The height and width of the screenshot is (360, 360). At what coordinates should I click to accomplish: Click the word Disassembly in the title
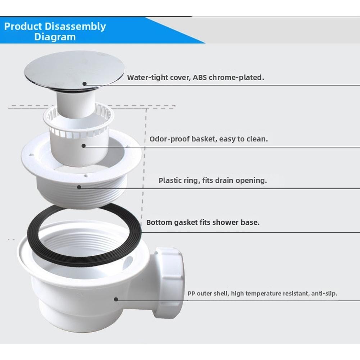click(x=75, y=26)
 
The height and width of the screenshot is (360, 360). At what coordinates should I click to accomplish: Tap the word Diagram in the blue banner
click(x=55, y=37)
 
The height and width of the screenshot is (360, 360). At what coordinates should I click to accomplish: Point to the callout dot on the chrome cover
click(x=85, y=84)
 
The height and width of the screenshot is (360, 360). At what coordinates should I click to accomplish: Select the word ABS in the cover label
click(x=200, y=77)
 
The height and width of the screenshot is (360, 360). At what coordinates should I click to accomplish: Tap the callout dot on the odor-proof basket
click(x=83, y=146)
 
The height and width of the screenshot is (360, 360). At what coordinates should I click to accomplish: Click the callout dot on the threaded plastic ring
click(x=79, y=187)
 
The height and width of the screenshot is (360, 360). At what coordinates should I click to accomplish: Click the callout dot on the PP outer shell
click(x=116, y=299)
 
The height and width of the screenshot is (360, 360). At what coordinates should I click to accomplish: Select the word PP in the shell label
click(x=191, y=293)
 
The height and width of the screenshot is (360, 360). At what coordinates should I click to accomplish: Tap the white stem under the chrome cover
click(x=76, y=104)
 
